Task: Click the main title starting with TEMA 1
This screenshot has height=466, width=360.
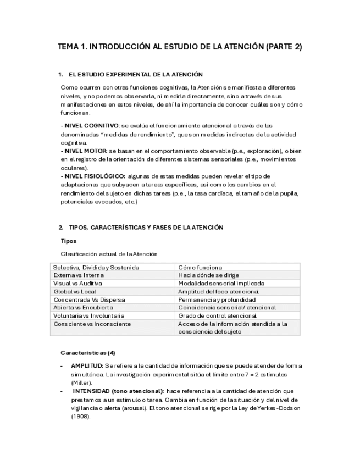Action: [x=180, y=47]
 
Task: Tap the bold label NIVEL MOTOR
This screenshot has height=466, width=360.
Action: [x=84, y=151]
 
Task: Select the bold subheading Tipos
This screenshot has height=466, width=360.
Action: [x=68, y=241]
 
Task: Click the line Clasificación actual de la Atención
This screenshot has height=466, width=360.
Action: [x=109, y=254]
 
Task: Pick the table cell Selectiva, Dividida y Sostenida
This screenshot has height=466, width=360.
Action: [x=96, y=267]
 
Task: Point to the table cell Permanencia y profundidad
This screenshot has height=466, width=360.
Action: [x=217, y=299]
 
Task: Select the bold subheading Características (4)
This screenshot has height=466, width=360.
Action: [x=88, y=352]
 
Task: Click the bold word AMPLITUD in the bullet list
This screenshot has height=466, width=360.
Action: [x=87, y=366]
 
